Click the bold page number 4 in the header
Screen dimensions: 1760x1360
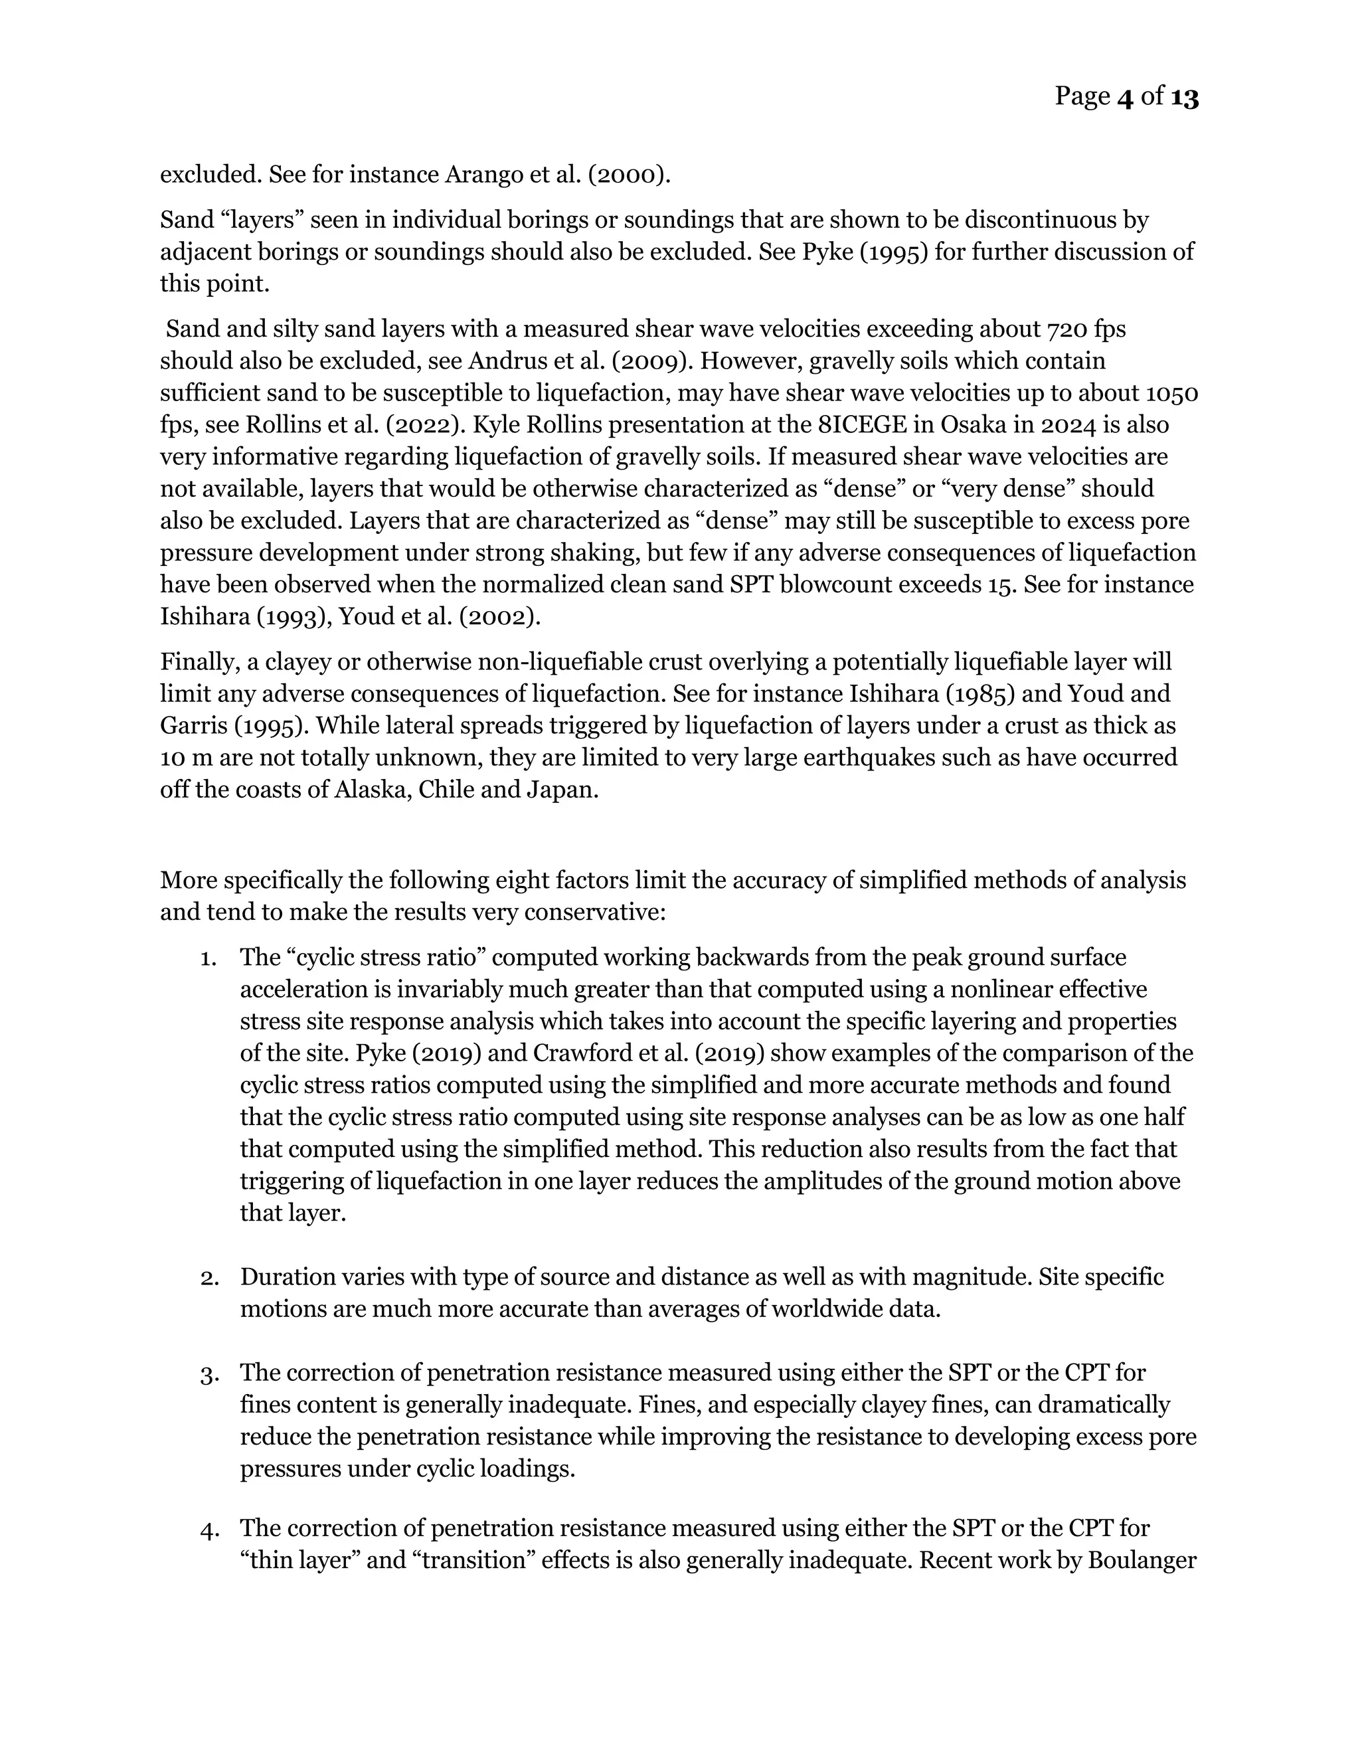pos(1126,98)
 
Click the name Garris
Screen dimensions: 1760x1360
pos(193,726)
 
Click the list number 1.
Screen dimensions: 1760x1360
pos(208,958)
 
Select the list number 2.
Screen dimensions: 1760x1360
pos(208,1278)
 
